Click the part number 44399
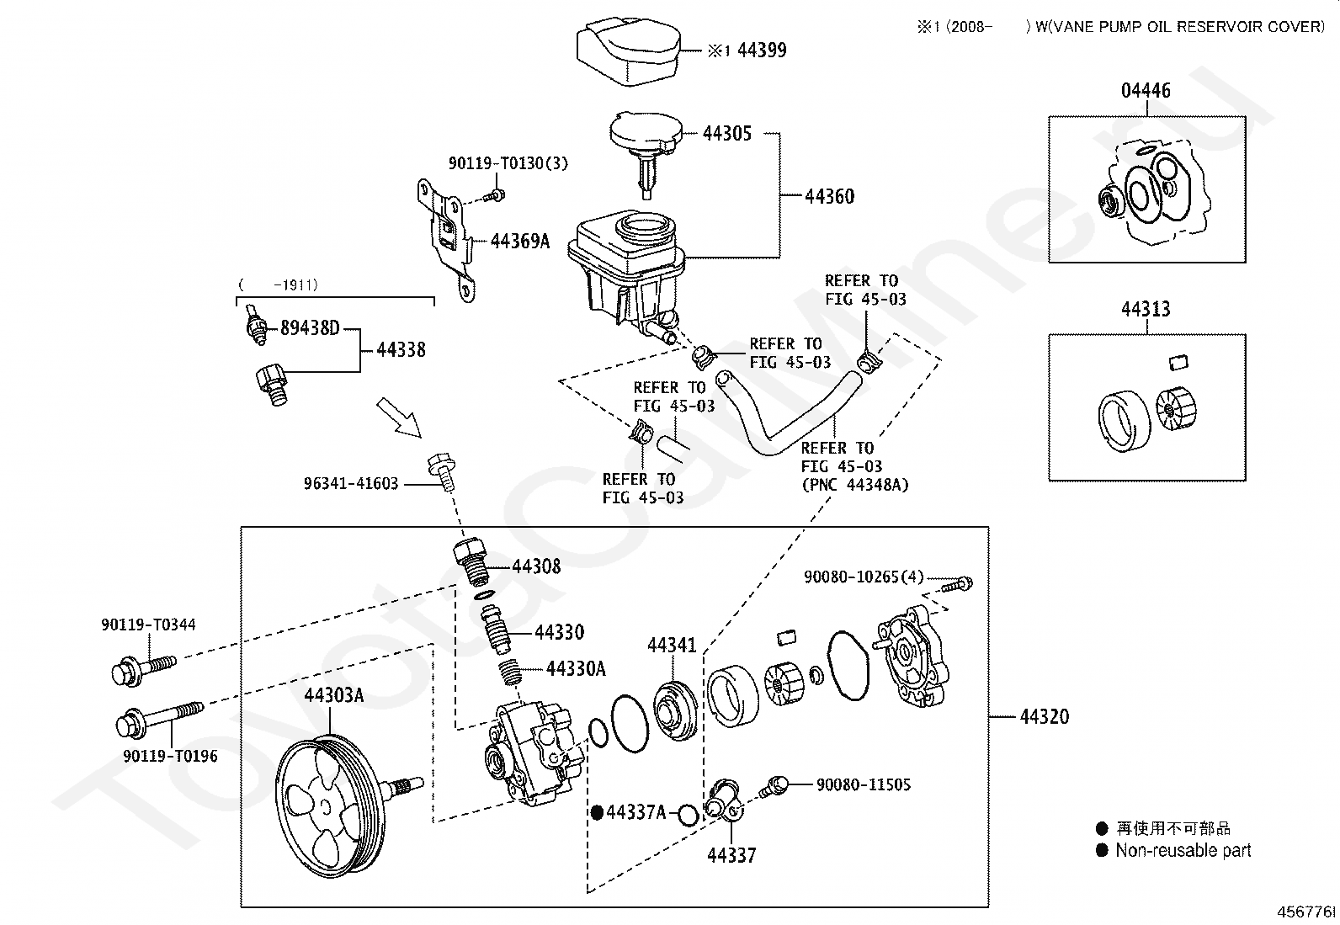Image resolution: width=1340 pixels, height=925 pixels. pyautogui.click(x=762, y=50)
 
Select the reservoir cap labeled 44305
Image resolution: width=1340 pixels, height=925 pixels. pyautogui.click(x=646, y=150)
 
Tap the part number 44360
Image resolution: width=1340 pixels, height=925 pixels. pyautogui.click(x=829, y=196)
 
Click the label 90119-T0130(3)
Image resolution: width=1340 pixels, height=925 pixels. pyautogui.click(x=508, y=162)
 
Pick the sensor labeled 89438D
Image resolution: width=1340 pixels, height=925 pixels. pyautogui.click(x=257, y=325)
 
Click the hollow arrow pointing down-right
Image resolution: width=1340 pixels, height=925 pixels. pyautogui.click(x=399, y=417)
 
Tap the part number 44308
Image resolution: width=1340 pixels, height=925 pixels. pyautogui.click(x=536, y=566)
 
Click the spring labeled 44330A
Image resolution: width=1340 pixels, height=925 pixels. pyautogui.click(x=510, y=672)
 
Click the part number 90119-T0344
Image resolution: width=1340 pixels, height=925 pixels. pyautogui.click(x=148, y=624)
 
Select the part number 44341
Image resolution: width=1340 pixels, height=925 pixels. pyautogui.click(x=672, y=645)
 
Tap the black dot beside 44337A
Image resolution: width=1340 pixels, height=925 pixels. pyautogui.click(x=597, y=812)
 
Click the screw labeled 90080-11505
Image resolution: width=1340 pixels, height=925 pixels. pyautogui.click(x=774, y=785)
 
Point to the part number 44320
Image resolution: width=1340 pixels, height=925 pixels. pyautogui.click(x=1044, y=716)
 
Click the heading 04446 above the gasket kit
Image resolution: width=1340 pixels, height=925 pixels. pyautogui.click(x=1146, y=90)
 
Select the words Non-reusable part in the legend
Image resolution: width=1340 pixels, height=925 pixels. pyautogui.click(x=1183, y=850)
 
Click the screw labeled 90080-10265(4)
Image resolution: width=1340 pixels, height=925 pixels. pyautogui.click(x=958, y=584)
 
